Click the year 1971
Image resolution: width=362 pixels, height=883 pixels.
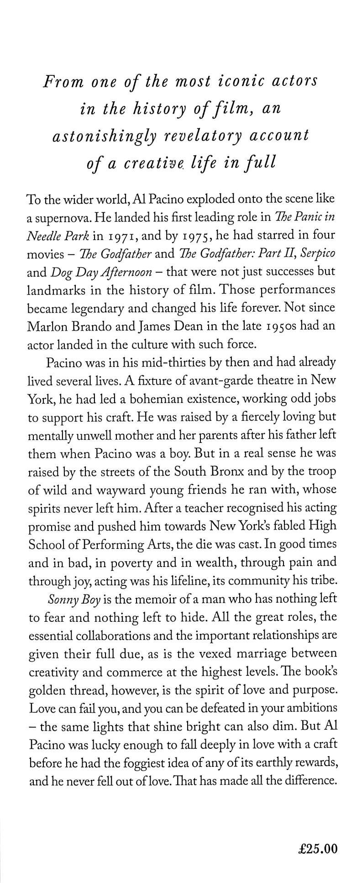pyautogui.click(x=127, y=237)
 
